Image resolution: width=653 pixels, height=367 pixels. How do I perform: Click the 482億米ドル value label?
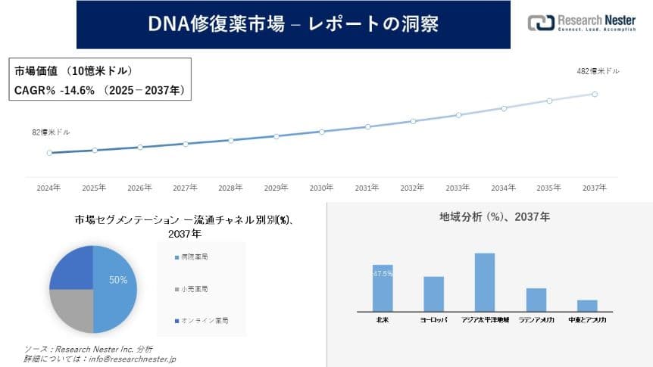(x=598, y=71)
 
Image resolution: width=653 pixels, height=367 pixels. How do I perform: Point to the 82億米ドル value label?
(x=51, y=132)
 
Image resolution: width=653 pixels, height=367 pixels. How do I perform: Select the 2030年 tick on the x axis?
(x=321, y=188)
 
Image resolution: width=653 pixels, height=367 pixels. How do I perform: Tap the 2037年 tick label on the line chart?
(x=594, y=188)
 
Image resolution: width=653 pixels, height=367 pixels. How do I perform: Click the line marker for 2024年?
(x=49, y=153)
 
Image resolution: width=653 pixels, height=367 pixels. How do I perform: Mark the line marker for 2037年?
(x=595, y=95)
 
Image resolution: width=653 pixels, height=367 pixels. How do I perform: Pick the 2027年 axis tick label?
(x=185, y=188)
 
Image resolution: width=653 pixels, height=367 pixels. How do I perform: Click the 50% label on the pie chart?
(x=118, y=280)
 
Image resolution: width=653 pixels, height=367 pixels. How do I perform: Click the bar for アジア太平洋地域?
(x=485, y=281)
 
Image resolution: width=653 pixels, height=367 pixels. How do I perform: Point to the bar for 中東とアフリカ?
(x=587, y=305)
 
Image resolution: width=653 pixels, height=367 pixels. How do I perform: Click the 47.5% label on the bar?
(x=383, y=274)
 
